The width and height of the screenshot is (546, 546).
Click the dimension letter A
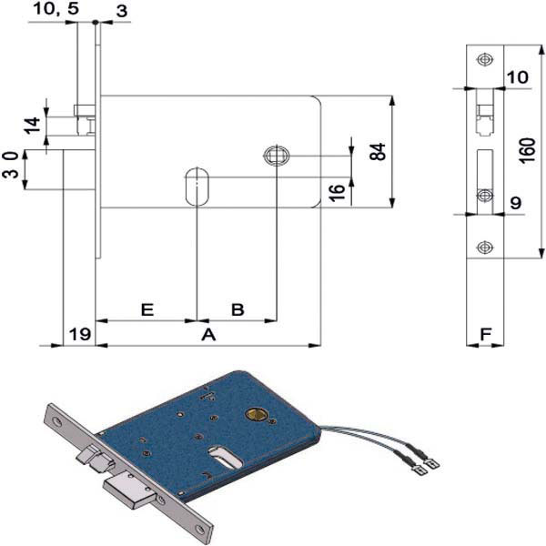coord(207,335)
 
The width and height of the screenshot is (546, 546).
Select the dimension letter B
coord(237,309)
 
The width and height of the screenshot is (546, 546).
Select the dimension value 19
coord(79,335)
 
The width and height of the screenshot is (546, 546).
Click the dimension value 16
coord(336,192)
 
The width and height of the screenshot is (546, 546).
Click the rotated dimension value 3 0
coord(10,169)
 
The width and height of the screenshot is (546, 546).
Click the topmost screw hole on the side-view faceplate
coord(483,59)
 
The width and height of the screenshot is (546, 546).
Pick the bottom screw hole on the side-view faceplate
coord(483,248)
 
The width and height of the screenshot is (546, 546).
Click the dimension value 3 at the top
coord(121,9)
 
